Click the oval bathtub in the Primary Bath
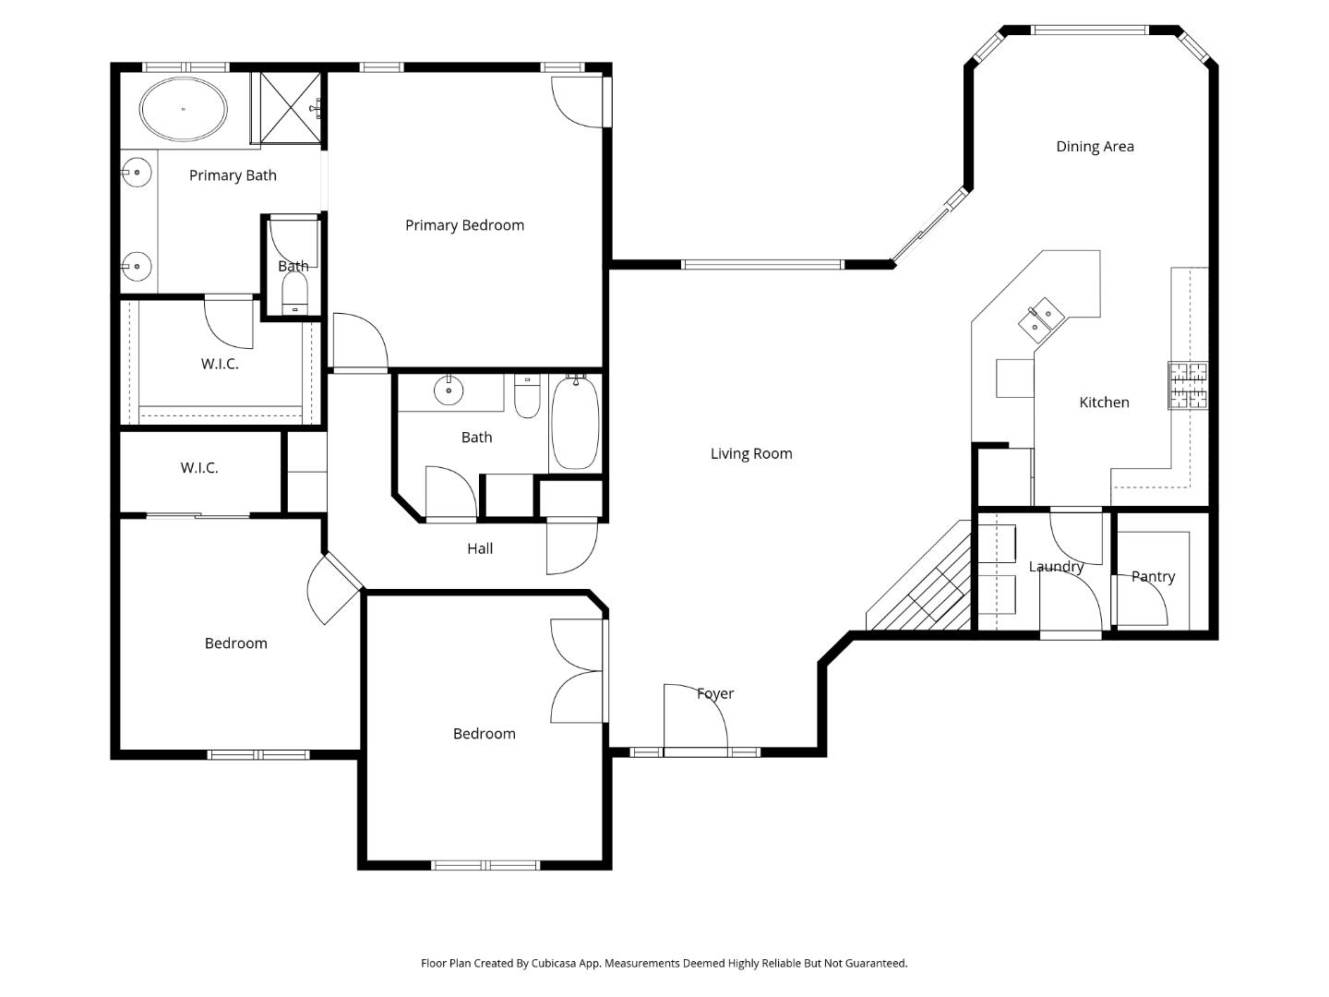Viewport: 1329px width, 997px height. point(183,109)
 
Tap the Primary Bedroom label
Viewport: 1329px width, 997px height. point(464,225)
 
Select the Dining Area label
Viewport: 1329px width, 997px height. point(1095,146)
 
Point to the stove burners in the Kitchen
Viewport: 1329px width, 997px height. point(1188,385)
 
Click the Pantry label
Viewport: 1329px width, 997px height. point(1153,577)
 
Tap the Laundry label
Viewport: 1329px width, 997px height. point(1056,567)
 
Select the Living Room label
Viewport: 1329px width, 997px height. point(750,453)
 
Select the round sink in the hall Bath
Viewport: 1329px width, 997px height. point(449,390)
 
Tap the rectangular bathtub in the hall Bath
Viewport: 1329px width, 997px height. point(575,422)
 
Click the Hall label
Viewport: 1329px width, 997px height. point(479,548)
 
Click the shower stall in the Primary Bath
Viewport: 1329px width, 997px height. point(290,108)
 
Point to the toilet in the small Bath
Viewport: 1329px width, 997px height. point(294,294)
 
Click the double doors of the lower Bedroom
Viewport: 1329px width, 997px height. point(578,670)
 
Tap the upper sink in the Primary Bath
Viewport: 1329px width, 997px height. point(137,172)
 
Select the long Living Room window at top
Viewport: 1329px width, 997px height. point(762,265)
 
